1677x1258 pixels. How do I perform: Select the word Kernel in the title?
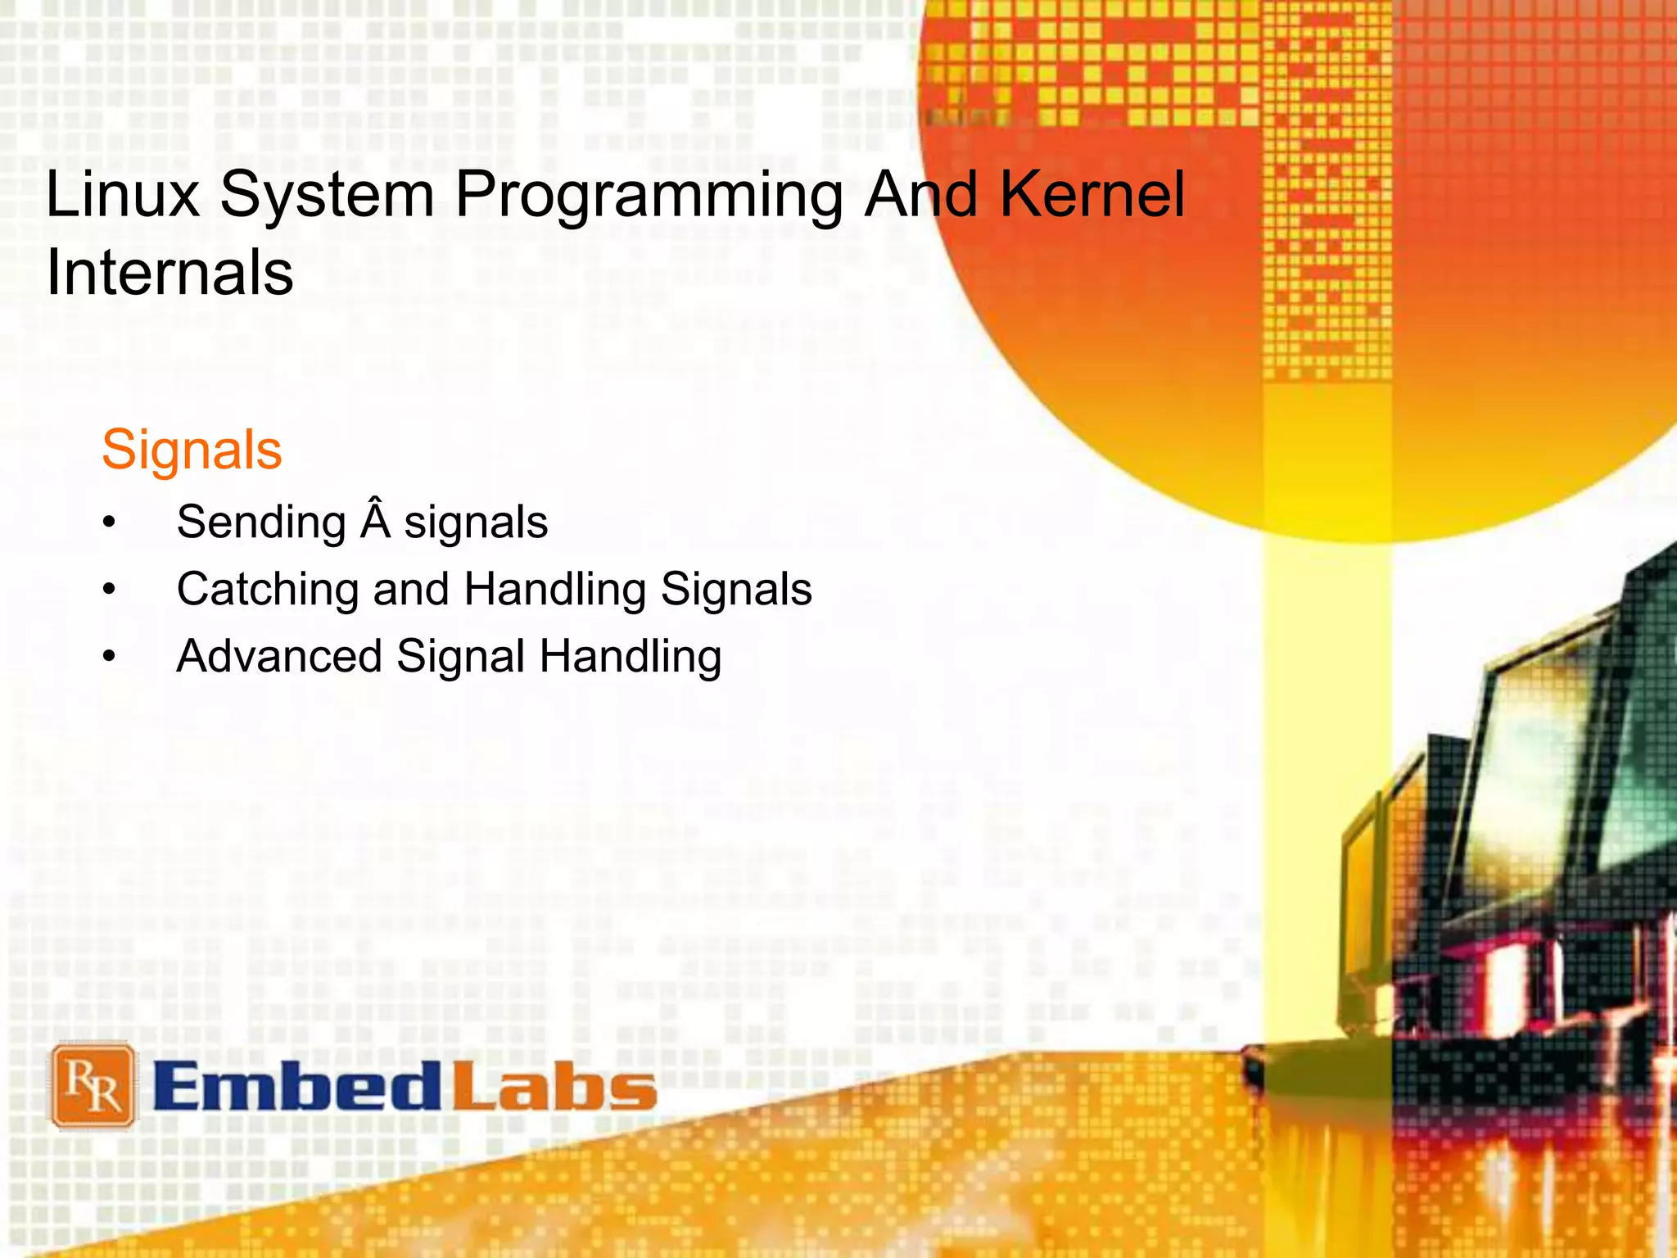tap(1092, 195)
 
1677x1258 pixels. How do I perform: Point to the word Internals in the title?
tap(170, 273)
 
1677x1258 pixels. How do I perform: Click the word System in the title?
tap(327, 197)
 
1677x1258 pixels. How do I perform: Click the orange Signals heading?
tap(192, 450)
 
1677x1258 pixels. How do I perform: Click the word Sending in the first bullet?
tap(261, 524)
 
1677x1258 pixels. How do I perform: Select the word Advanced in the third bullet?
tap(279, 657)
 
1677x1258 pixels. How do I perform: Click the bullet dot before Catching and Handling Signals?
tap(110, 590)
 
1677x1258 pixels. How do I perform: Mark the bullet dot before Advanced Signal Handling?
tap(110, 657)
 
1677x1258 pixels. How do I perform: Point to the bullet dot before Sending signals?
tap(110, 523)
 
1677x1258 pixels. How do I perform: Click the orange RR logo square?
tap(93, 1085)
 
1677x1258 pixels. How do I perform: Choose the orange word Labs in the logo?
tap(554, 1087)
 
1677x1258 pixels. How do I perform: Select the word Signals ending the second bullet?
tap(736, 591)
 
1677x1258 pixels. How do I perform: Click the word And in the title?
tap(922, 195)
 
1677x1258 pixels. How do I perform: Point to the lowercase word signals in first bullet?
tap(476, 524)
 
